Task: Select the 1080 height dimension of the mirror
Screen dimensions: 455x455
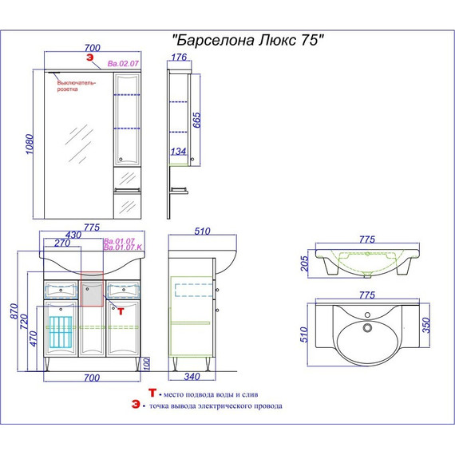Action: tap(30, 145)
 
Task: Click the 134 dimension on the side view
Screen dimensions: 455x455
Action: tap(178, 152)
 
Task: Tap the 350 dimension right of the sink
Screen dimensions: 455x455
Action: tap(426, 324)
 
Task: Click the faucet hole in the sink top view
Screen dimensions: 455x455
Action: tap(367, 326)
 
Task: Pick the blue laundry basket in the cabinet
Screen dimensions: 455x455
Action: tap(60, 329)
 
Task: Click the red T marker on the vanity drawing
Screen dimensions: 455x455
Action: tap(121, 311)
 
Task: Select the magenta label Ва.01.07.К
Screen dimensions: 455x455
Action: tap(123, 248)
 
